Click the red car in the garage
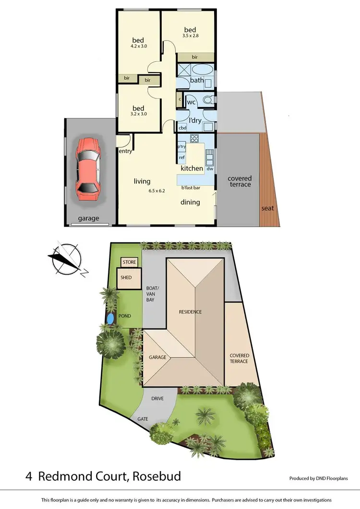pos(88,169)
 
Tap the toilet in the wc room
pos(207,101)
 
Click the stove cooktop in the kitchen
pos(195,139)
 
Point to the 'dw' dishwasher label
pos(209,169)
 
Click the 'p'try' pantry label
pos(182,146)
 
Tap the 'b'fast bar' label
pos(191,187)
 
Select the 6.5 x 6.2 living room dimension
pos(156,191)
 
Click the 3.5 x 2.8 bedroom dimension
pos(191,36)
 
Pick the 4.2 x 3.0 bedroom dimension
pos(138,47)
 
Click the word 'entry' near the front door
pos(125,152)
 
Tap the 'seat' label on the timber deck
pos(267,208)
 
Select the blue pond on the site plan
pos(111,318)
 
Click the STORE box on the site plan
pos(129,262)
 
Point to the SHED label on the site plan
pos(126,278)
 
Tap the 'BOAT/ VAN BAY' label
pos(153,292)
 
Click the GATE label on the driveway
pos(143,419)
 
